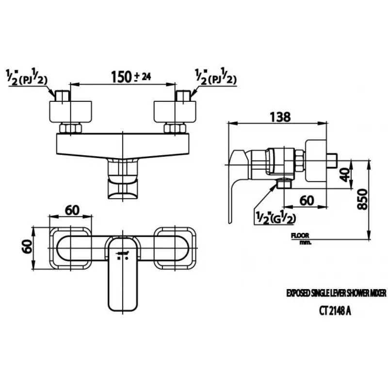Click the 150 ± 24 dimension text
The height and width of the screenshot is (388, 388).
click(x=125, y=77)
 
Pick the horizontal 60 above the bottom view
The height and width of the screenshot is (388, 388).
click(x=71, y=210)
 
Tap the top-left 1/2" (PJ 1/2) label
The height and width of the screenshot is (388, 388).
click(x=27, y=78)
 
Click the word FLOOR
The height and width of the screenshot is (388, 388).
click(x=301, y=236)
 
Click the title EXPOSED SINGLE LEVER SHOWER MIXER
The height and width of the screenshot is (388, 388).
click(x=329, y=294)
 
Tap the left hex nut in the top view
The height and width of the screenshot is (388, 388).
click(x=71, y=129)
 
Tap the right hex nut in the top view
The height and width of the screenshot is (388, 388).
click(x=175, y=129)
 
